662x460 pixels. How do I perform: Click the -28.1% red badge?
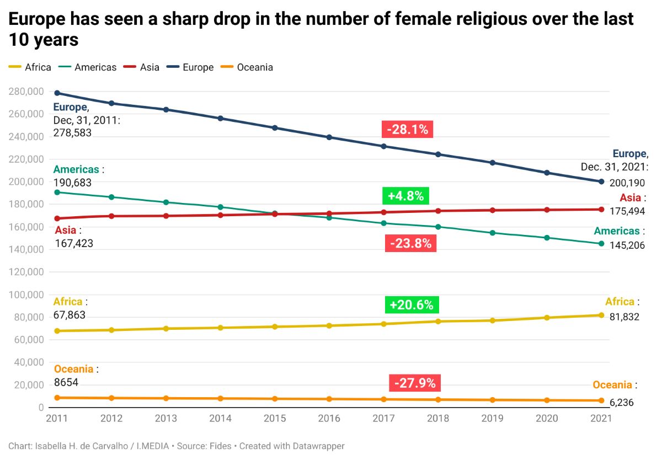408,130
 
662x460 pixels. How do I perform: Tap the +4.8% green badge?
405,196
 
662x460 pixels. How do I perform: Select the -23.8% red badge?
410,243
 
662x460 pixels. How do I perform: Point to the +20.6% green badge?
412,304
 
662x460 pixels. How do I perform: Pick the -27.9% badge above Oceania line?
415,383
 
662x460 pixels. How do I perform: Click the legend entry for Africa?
30,67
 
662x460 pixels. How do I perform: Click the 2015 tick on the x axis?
275,419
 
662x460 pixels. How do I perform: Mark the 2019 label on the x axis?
493,419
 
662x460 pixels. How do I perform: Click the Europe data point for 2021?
601,181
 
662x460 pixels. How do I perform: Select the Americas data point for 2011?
57,192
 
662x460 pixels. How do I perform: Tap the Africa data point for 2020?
547,318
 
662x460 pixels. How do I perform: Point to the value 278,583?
72,133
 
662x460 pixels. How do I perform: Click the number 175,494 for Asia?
627,211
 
